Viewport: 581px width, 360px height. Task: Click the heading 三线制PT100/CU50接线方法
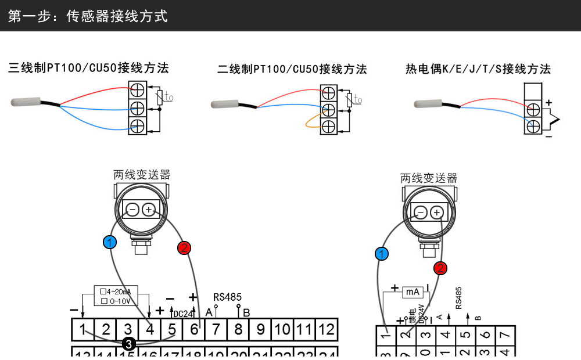pos(88,69)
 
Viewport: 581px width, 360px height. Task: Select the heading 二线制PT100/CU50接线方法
pos(292,70)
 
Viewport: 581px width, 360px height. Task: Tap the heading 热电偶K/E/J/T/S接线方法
pos(478,70)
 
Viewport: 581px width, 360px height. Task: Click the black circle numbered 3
pos(129,344)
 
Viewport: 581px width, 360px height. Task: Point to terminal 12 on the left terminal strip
pos(327,330)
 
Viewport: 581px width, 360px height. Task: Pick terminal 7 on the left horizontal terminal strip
pos(216,330)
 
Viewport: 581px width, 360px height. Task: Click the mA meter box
pos(413,292)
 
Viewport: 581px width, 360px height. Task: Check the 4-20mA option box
pos(103,291)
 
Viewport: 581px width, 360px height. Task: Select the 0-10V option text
pos(119,301)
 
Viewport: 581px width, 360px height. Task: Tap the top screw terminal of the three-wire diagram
pos(137,90)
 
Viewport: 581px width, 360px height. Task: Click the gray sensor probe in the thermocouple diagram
pos(430,104)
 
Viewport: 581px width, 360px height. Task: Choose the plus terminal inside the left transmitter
pos(149,210)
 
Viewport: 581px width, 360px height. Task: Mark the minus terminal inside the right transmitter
pos(421,213)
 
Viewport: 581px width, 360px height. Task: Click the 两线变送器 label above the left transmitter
pos(142,175)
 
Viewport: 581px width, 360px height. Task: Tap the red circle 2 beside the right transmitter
pos(440,268)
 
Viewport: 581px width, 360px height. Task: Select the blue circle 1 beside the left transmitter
pos(109,242)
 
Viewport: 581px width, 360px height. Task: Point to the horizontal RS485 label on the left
pos(227,297)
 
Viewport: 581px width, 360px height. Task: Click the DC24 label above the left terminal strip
pos(183,314)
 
